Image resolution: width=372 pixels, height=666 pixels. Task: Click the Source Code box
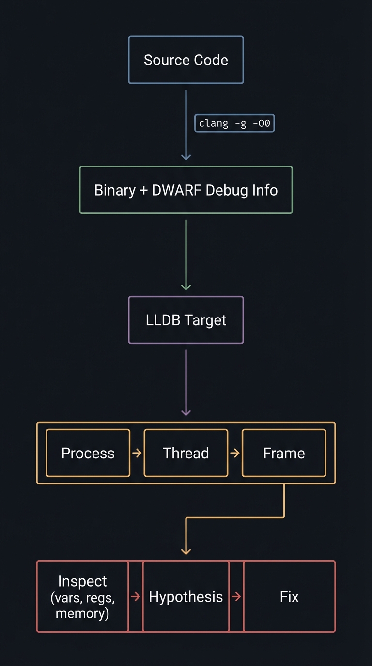pos(186,60)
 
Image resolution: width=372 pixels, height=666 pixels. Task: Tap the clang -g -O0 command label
pos(234,123)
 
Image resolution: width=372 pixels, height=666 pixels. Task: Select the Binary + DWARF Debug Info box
pos(186,190)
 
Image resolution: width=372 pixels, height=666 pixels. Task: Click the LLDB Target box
pos(186,320)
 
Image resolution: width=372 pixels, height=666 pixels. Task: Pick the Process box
pos(88,453)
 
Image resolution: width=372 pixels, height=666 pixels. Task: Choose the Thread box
pos(186,453)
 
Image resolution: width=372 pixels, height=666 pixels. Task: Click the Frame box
pos(284,453)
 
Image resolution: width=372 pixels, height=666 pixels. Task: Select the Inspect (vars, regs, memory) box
pos(82,596)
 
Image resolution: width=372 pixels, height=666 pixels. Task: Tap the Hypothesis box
pos(186,596)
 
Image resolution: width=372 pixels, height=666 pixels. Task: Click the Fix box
pos(289,596)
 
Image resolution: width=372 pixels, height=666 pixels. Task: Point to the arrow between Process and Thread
pos(137,453)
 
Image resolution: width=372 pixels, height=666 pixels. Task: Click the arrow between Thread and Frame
pos(235,453)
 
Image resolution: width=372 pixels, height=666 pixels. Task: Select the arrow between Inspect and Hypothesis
pos(136,597)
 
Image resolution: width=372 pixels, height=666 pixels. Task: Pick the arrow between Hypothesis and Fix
pos(236,597)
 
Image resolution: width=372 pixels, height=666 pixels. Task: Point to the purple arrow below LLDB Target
pos(186,382)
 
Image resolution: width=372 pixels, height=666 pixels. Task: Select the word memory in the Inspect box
pos(82,613)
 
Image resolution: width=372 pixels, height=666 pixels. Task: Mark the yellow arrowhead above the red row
pos(186,551)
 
